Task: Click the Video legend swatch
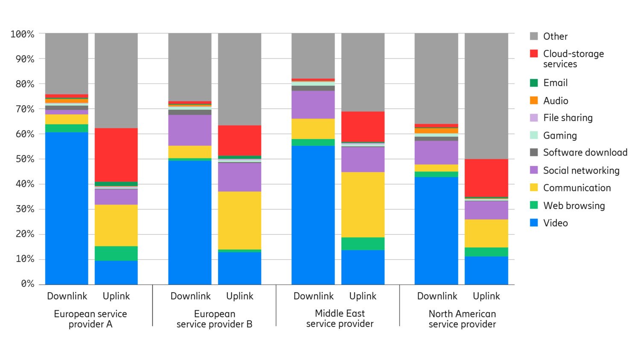534,223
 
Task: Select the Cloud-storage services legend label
573,59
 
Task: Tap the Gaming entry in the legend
559,136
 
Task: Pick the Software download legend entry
585,153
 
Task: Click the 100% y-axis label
23,34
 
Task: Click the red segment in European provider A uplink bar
116,155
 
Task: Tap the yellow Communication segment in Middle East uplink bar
363,205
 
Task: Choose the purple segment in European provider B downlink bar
190,130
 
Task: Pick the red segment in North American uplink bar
486,178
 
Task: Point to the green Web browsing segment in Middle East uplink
363,244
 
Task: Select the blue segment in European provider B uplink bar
239,268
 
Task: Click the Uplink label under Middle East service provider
363,296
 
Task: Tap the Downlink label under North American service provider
437,296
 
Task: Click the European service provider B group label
214,319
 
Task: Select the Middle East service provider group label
340,319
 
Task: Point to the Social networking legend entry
581,171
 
